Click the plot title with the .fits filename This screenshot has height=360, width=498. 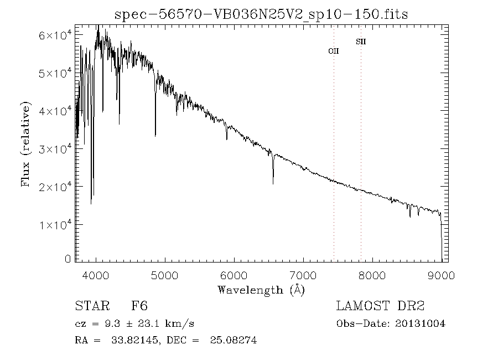[x=261, y=14]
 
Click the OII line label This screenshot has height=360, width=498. [x=334, y=51]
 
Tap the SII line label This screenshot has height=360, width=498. [x=361, y=42]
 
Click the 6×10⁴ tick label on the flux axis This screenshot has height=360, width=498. [x=55, y=35]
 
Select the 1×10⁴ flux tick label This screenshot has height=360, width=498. [x=55, y=224]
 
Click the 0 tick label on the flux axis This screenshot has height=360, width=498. [x=68, y=259]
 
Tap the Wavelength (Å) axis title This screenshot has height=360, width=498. [x=261, y=290]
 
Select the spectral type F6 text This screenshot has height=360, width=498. [x=139, y=306]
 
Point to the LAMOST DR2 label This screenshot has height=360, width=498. [x=380, y=306]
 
